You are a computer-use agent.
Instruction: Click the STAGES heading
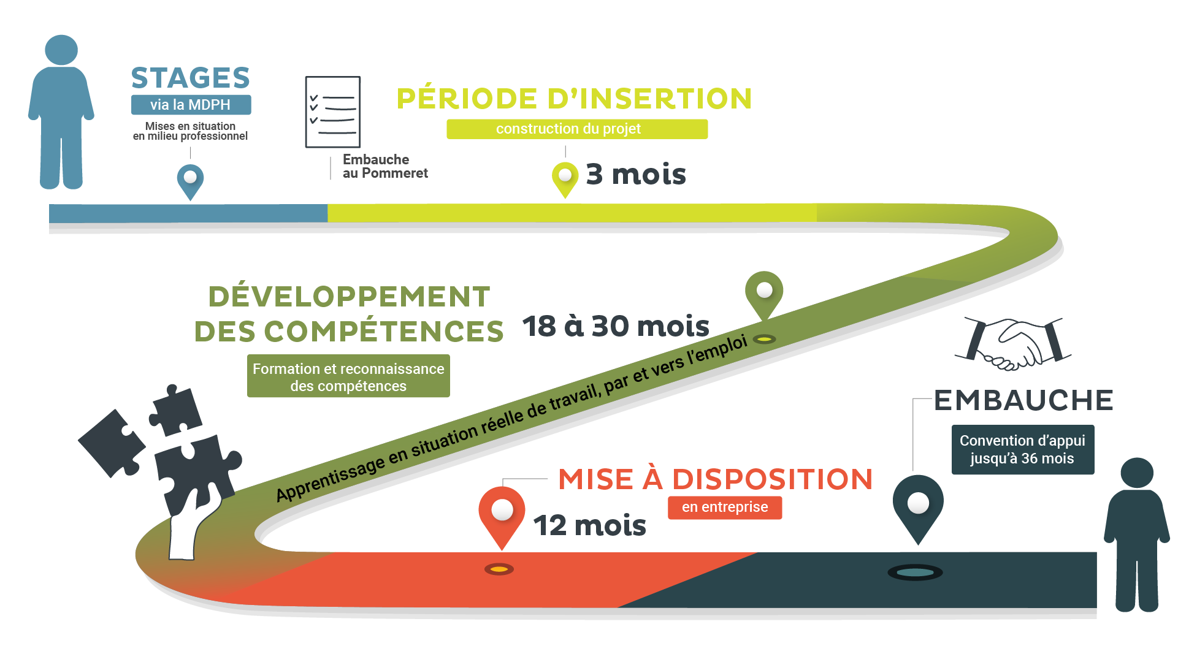[191, 78]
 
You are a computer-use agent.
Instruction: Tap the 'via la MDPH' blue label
[191, 105]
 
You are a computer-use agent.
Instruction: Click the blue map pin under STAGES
[191, 179]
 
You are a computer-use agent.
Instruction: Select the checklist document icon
[333, 112]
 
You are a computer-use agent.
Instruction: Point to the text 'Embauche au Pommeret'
[384, 166]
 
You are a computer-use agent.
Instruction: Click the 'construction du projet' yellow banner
[576, 129]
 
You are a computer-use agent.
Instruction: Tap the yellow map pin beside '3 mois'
[565, 177]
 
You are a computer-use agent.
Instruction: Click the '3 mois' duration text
[636, 175]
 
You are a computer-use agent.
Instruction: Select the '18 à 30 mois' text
[616, 326]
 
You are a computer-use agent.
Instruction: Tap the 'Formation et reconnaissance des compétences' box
[348, 376]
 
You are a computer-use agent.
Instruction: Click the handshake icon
[1013, 343]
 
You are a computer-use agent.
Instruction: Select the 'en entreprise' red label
[725, 508]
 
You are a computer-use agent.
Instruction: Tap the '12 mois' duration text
[590, 526]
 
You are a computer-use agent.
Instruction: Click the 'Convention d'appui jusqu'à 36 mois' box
[1022, 450]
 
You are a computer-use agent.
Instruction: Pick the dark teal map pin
[917, 505]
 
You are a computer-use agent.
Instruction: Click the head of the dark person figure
[1137, 473]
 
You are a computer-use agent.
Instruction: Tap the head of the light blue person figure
[61, 49]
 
